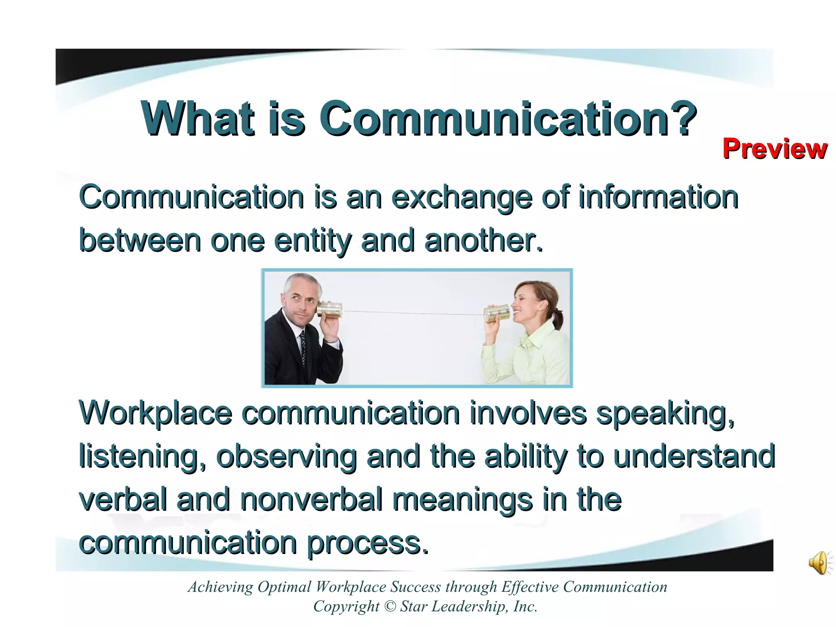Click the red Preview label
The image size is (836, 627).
(x=774, y=149)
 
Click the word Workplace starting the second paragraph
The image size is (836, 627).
(x=156, y=414)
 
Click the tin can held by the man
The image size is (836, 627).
(x=330, y=309)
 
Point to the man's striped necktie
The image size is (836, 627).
(x=303, y=351)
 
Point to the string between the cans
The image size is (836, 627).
(x=412, y=313)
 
